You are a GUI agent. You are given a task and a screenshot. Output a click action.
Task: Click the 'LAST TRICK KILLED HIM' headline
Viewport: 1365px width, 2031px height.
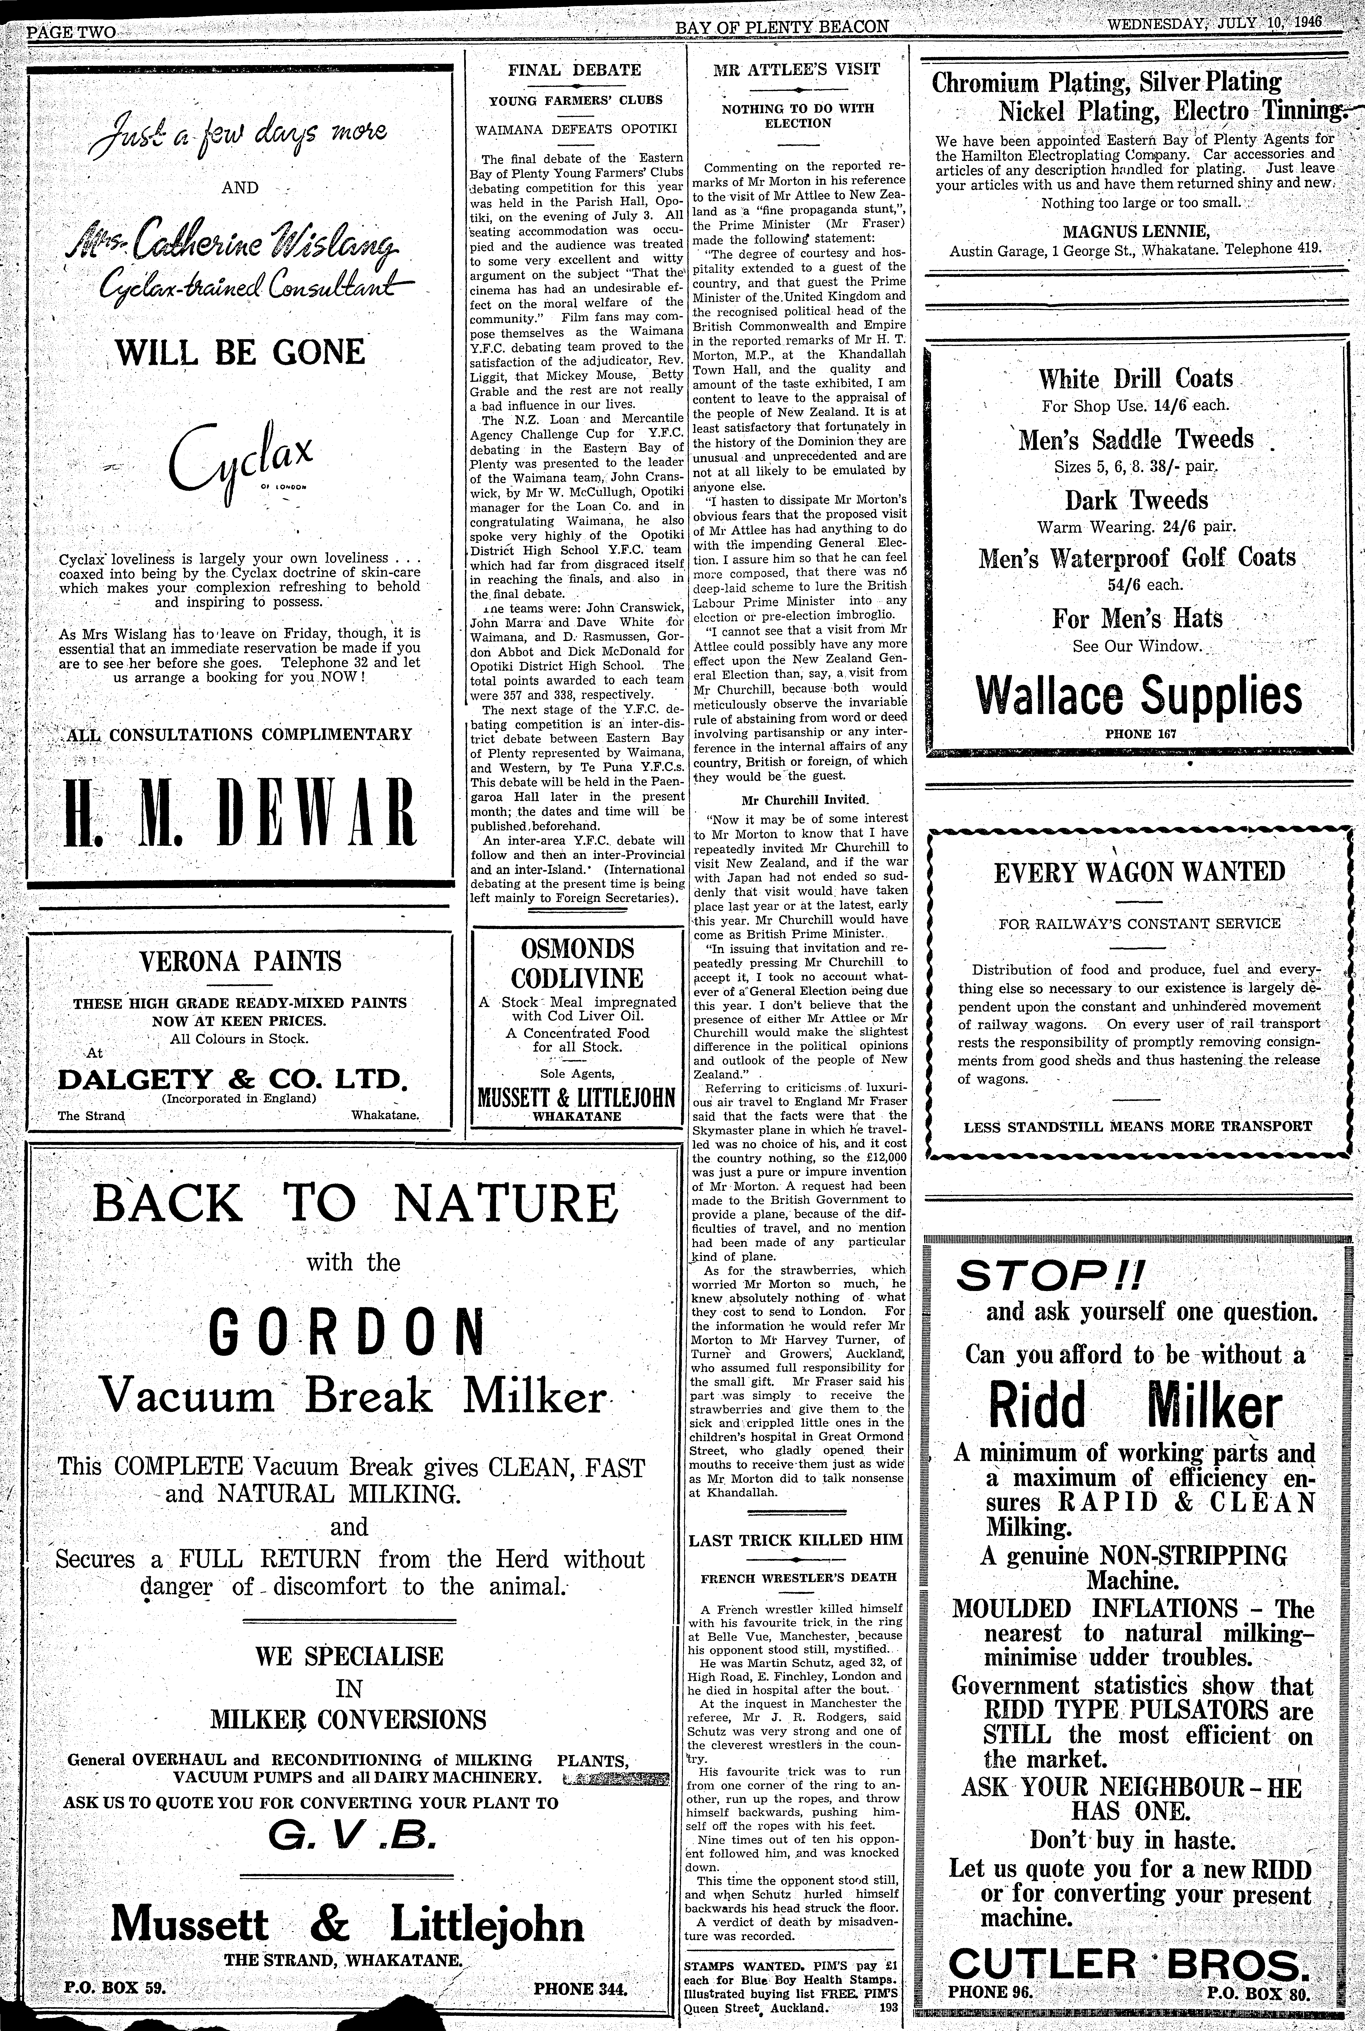796,1539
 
